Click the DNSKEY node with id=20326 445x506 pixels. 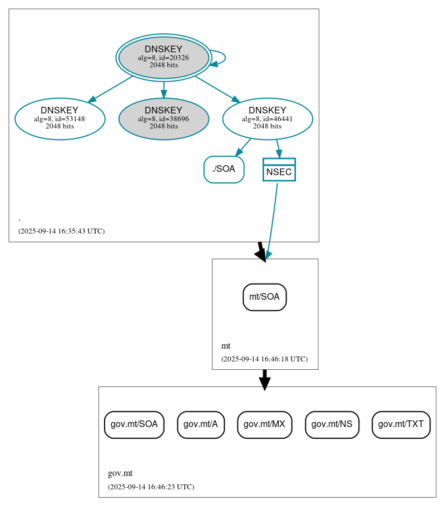click(x=164, y=57)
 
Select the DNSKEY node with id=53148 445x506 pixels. click(x=60, y=118)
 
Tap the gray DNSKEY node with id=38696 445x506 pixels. click(x=164, y=118)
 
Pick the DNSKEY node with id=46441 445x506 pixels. click(x=267, y=118)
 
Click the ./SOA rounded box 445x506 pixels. click(x=224, y=170)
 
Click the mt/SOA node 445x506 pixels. click(x=264, y=297)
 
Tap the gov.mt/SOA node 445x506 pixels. click(x=134, y=425)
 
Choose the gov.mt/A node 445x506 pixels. click(x=201, y=425)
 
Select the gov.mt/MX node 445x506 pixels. click(x=264, y=425)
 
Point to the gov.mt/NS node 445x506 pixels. click(x=332, y=425)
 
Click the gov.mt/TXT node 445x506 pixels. click(x=400, y=425)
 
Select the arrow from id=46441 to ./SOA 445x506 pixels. click(x=243, y=147)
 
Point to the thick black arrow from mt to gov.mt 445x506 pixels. click(x=265, y=379)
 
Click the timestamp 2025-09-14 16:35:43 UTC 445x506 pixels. click(x=61, y=231)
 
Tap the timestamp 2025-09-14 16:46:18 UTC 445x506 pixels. click(x=264, y=359)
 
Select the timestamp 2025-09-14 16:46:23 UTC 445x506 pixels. click(x=151, y=487)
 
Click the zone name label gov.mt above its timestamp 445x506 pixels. click(x=120, y=474)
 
